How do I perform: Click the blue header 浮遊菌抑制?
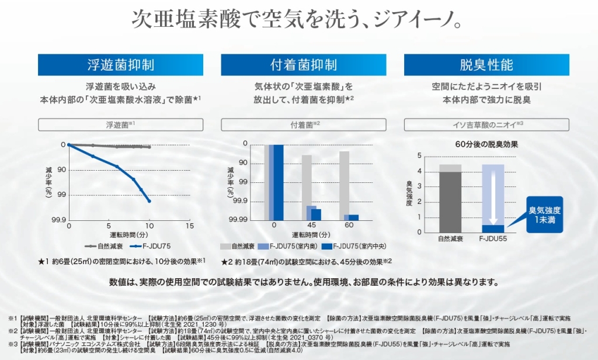pos(120,65)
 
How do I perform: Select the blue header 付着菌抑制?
pos(304,65)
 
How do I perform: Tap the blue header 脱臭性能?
pos(486,65)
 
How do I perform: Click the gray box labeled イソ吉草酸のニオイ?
pos(486,124)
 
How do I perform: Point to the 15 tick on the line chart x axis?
pos(189,226)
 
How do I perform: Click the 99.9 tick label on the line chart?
pos(57,220)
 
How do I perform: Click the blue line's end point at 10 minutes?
pos(149,201)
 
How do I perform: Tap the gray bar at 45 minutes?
pos(307,181)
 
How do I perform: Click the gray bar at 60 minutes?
pos(344,182)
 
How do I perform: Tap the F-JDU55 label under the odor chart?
pos(492,238)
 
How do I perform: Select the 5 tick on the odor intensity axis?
pos(419,155)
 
